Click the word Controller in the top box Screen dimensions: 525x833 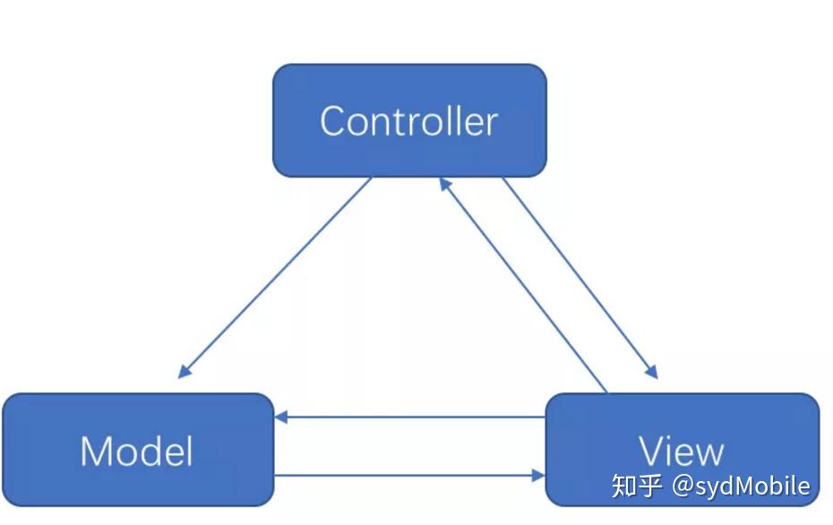click(408, 121)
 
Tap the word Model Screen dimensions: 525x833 click(136, 451)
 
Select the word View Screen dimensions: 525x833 click(681, 451)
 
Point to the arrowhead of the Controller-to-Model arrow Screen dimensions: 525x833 click(185, 372)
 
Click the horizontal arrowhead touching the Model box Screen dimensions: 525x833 click(281, 417)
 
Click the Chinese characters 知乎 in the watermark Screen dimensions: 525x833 click(638, 486)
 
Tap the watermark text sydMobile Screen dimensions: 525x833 click(752, 486)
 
